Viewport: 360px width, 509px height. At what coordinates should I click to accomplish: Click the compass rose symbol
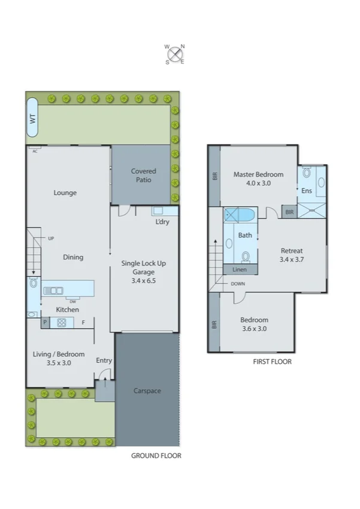coord(175,54)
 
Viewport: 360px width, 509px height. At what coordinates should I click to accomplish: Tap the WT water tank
coord(32,118)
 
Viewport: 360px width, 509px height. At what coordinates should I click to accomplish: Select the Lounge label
coord(65,193)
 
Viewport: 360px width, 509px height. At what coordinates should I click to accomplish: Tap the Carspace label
coord(147,391)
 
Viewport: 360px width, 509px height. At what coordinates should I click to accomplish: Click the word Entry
coord(104,360)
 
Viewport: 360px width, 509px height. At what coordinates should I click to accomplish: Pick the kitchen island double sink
coord(53,291)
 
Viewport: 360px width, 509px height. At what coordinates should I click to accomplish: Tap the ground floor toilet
coord(33,284)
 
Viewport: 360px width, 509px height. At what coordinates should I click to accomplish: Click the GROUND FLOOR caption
coord(156,456)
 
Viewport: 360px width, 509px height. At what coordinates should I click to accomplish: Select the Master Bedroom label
coord(258,174)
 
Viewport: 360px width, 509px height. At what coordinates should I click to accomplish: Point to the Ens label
coord(306,191)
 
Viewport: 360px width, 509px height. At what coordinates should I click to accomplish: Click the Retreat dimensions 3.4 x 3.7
coord(292,260)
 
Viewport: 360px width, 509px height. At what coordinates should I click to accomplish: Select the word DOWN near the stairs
coord(237,284)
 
